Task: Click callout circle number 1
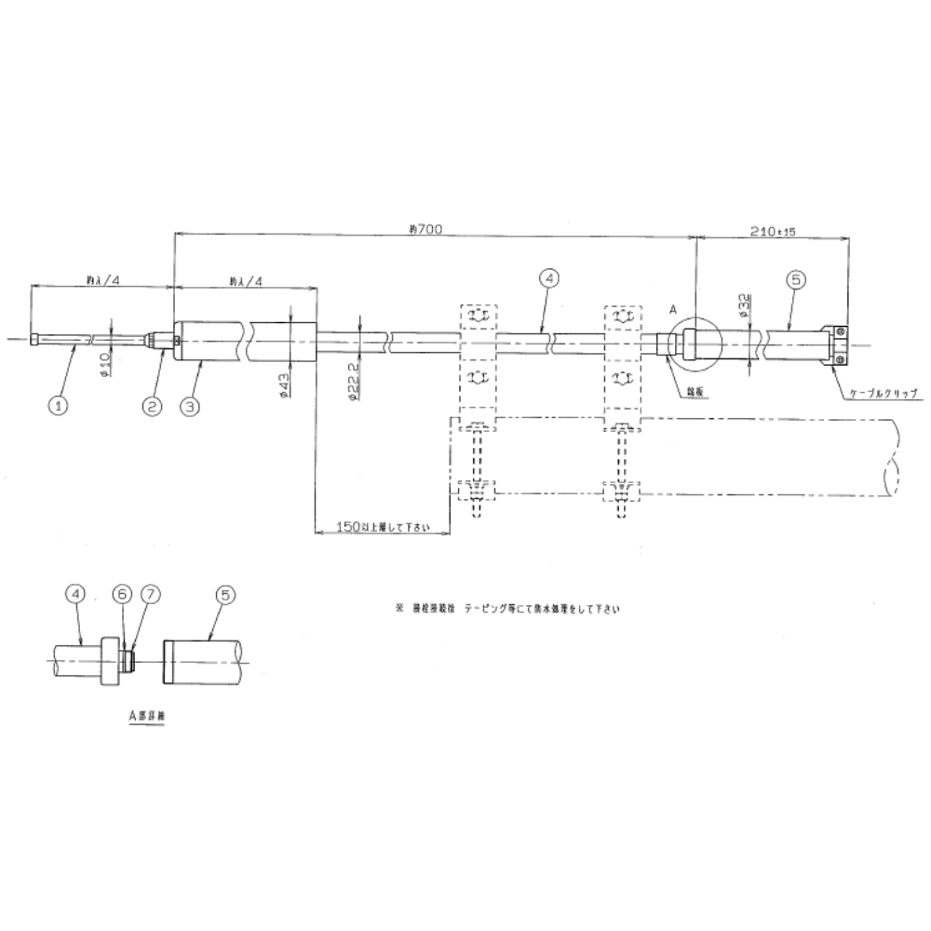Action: (59, 404)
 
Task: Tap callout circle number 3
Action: (190, 404)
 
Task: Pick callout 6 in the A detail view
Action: (123, 593)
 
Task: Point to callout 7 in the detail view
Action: (150, 593)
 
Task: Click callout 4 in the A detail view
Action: (76, 593)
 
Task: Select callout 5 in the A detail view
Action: (223, 593)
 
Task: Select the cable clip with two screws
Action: (837, 343)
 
